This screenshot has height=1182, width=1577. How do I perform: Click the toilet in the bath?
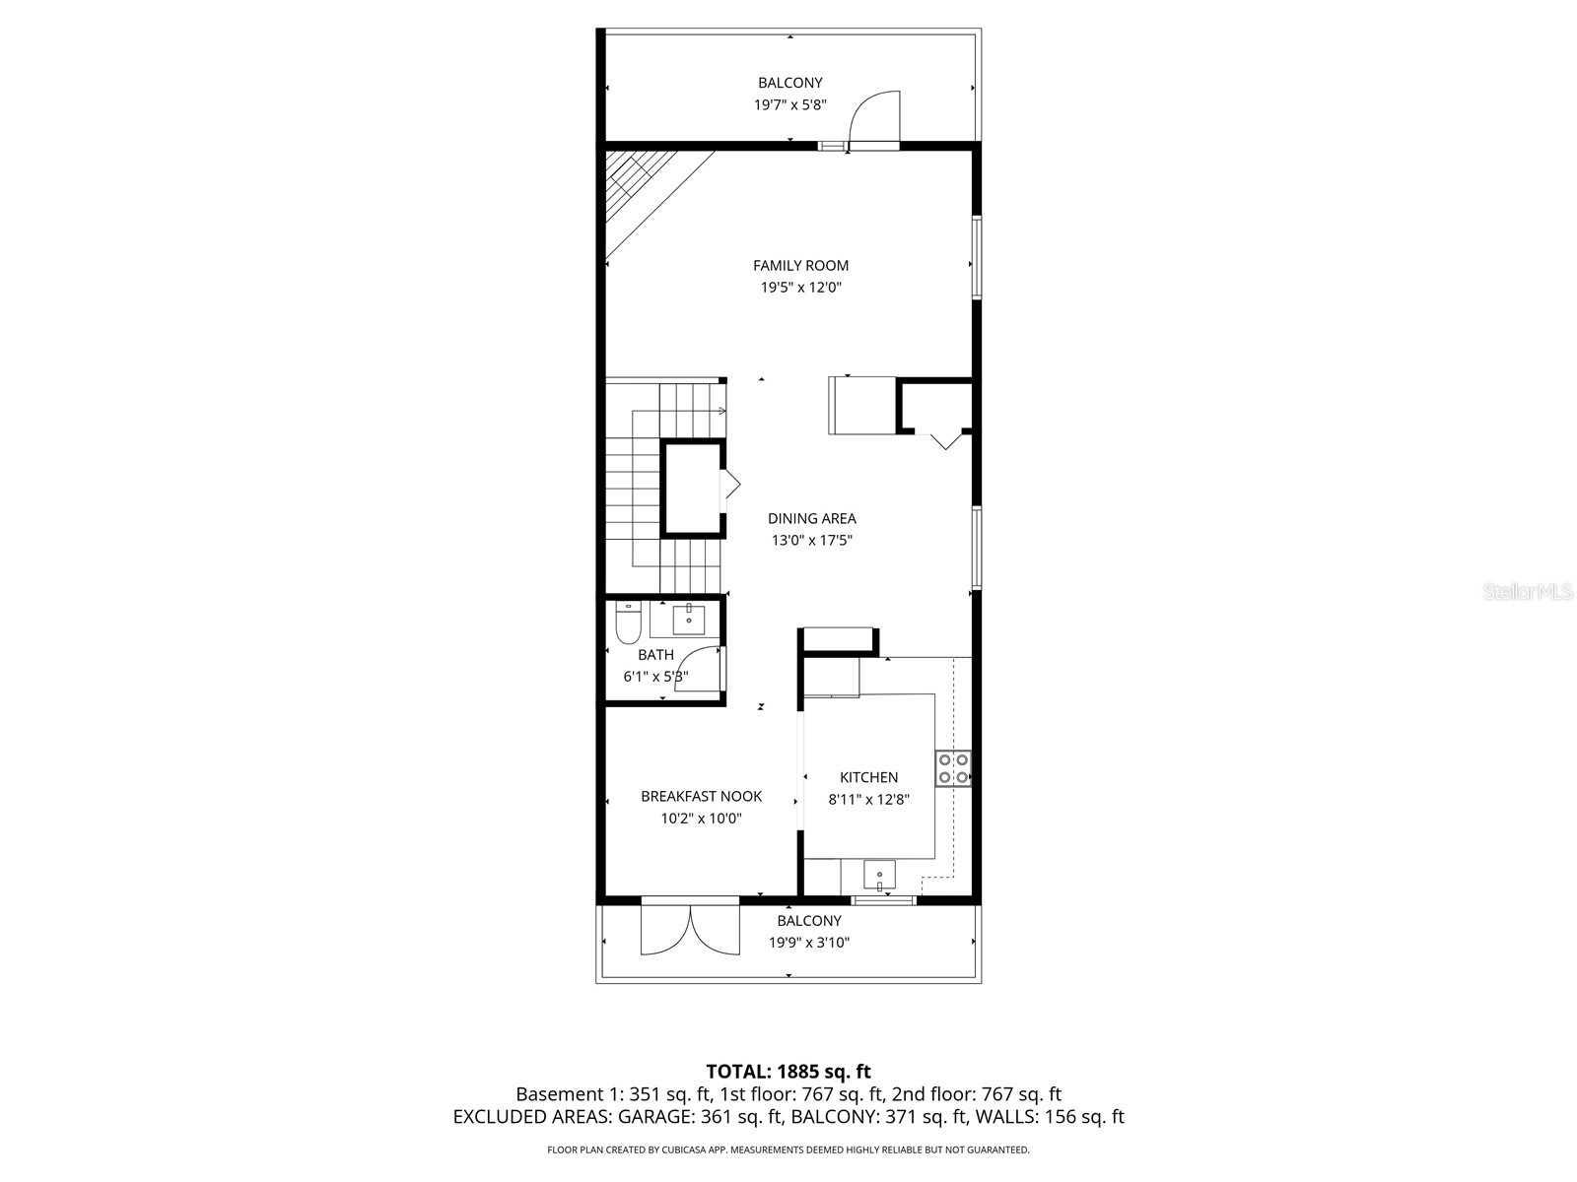[627, 625]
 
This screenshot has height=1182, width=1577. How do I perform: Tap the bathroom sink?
[688, 620]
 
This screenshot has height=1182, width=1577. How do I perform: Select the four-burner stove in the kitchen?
[953, 768]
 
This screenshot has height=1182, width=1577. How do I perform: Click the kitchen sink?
[879, 874]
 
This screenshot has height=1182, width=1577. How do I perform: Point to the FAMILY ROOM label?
[800, 265]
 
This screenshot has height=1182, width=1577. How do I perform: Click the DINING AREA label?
[812, 518]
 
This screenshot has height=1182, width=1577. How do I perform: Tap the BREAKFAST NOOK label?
[701, 796]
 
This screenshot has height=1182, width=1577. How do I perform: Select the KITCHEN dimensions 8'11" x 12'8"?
[868, 800]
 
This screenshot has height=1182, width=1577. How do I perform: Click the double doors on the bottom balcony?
[690, 929]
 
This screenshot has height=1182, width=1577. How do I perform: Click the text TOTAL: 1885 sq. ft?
[788, 1071]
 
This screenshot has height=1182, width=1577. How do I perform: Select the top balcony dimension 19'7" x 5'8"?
[789, 104]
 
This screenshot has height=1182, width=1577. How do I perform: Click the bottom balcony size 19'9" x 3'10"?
[809, 943]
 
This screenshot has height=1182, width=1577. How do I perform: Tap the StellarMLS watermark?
[1529, 592]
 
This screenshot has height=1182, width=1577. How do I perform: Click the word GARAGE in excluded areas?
[655, 1117]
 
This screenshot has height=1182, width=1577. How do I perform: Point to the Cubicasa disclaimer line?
[788, 1149]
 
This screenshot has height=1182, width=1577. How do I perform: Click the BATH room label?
[655, 655]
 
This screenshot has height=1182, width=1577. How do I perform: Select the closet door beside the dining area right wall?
[944, 439]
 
